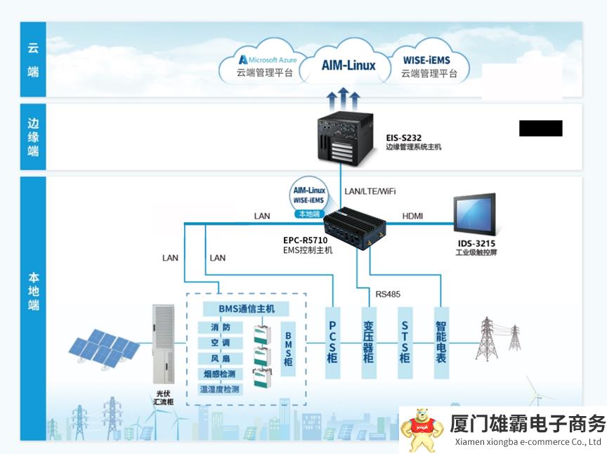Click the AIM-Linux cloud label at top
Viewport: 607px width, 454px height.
348,65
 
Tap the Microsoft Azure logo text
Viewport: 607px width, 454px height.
268,60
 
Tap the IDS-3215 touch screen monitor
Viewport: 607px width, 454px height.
476,215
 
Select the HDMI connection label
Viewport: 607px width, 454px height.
412,216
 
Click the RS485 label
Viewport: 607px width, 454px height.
387,294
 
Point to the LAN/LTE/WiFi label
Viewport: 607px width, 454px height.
370,190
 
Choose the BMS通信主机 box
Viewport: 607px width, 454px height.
238,309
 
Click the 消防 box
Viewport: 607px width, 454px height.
220,327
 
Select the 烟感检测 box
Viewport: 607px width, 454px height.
220,373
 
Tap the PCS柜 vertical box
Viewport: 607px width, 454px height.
332,342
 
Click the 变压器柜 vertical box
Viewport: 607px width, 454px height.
368,342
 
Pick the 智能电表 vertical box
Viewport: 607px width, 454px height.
440,342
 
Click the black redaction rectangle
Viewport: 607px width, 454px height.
540,129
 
